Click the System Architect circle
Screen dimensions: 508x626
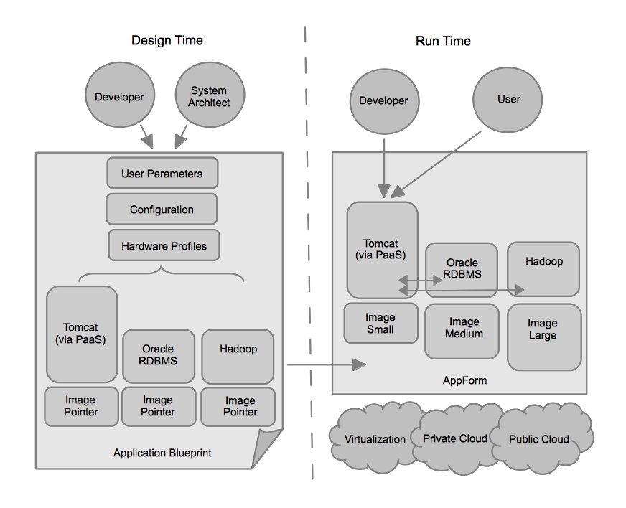point(209,97)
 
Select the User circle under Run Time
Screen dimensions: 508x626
point(508,99)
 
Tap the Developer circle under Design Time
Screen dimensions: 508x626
point(119,97)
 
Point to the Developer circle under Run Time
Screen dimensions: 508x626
point(383,100)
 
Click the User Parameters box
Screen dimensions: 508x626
point(162,174)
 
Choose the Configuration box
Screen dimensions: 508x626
point(162,210)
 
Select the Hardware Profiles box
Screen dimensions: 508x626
point(164,246)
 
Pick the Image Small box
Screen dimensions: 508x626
point(380,323)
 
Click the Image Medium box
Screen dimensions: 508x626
point(461,329)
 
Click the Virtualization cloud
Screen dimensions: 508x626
point(375,438)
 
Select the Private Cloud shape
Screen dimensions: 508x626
point(455,438)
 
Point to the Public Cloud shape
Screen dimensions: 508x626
point(538,438)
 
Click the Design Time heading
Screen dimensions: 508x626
point(167,40)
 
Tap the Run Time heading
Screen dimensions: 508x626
point(443,41)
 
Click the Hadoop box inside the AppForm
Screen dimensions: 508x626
point(543,268)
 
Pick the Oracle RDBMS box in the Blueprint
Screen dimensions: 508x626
point(157,356)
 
